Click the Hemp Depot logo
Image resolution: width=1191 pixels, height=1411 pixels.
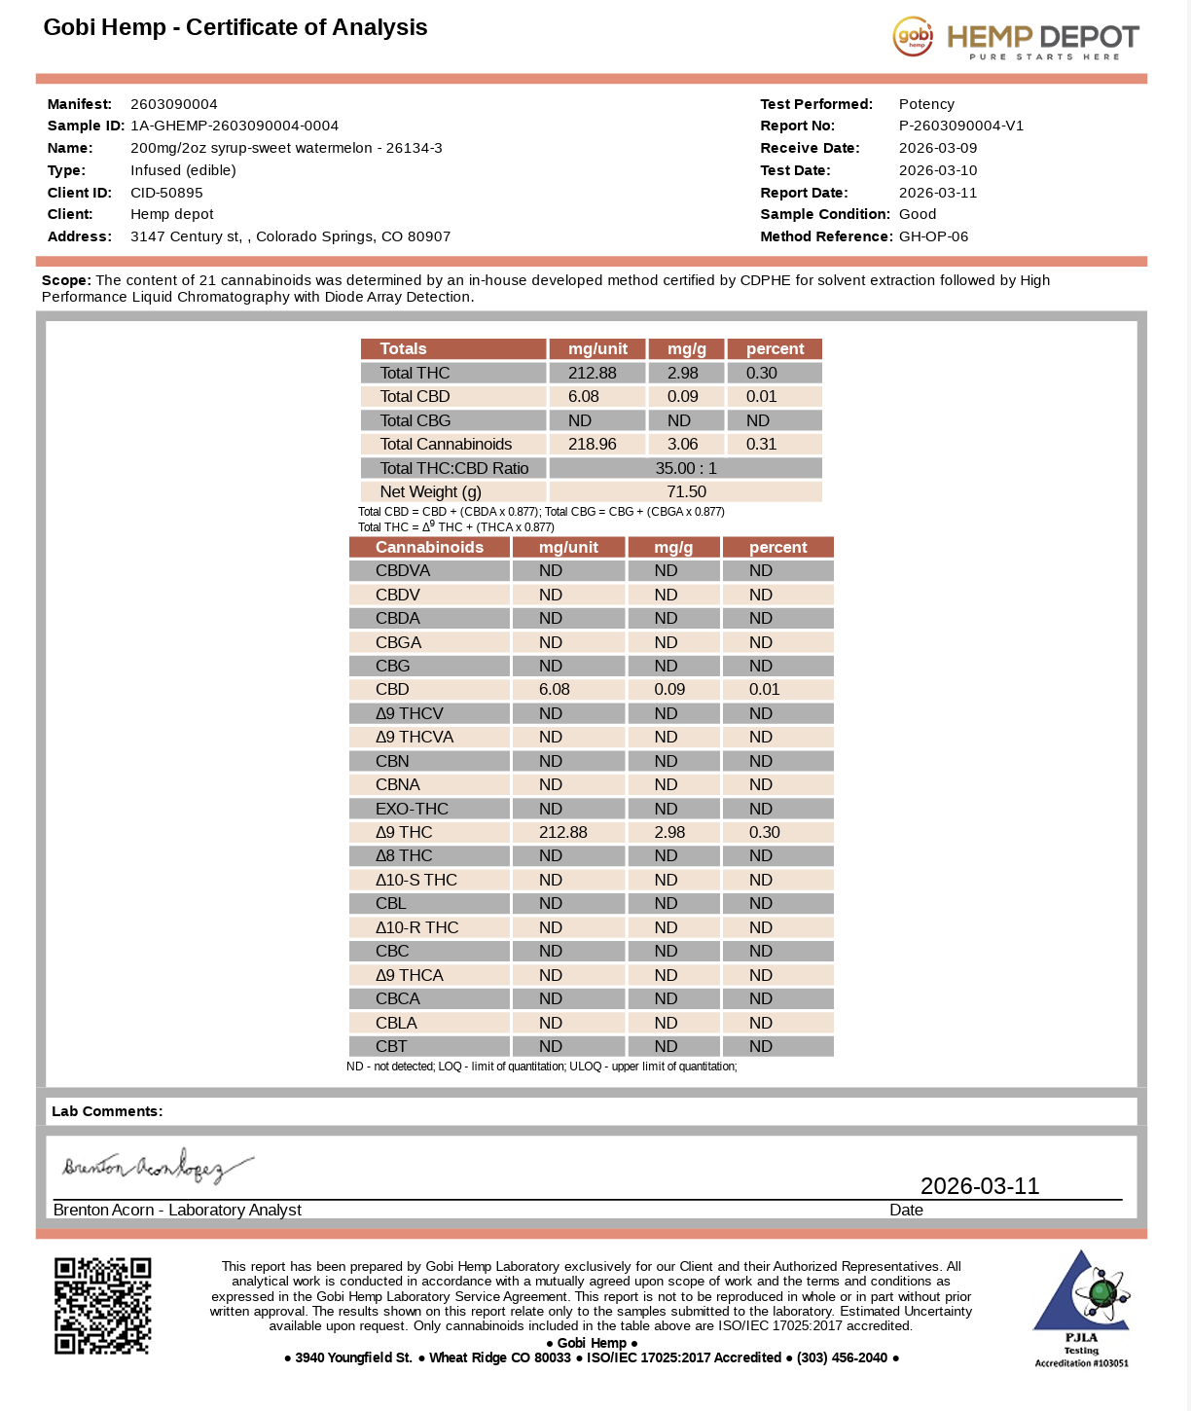[1016, 38]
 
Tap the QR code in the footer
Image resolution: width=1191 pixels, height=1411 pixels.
[102, 1305]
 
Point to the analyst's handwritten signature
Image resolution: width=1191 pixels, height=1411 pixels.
[156, 1166]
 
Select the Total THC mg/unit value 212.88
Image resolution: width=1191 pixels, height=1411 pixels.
[592, 373]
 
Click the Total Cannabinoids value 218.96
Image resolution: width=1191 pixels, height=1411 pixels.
[592, 444]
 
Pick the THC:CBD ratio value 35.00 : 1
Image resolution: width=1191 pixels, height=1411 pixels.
[685, 468]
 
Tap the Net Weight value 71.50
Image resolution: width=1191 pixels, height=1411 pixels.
[685, 491]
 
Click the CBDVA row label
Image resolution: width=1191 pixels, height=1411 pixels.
[403, 571]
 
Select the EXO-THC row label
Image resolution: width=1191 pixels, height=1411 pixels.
[412, 809]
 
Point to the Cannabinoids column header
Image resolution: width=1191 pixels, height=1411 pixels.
[429, 547]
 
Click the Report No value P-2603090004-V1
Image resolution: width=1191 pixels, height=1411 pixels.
[960, 126]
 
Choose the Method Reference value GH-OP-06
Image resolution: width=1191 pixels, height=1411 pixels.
[933, 236]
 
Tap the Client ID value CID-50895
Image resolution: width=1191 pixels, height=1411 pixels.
[166, 193]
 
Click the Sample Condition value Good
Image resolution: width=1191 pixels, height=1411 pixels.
[917, 214]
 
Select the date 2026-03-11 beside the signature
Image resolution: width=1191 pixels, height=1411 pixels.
[979, 1185]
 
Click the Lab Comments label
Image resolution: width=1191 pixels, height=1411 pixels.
[107, 1111]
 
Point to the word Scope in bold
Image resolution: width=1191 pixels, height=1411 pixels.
[65, 280]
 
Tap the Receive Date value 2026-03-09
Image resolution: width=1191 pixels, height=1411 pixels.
[937, 148]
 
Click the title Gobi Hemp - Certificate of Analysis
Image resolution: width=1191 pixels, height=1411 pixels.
[235, 27]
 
